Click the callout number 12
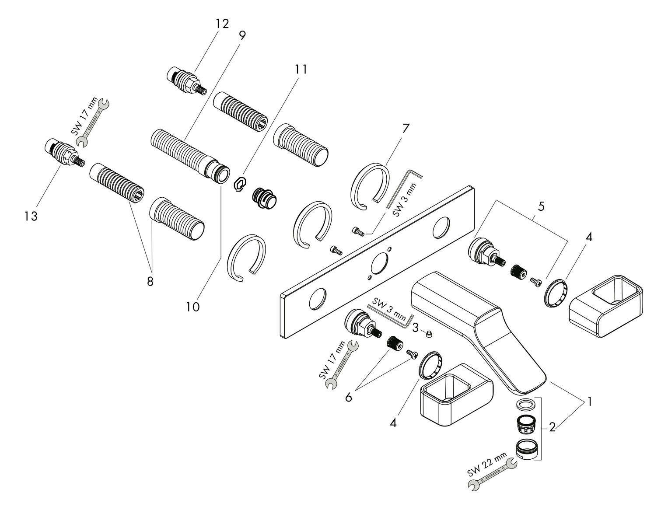click(x=222, y=24)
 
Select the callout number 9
click(x=242, y=35)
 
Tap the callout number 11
click(x=301, y=69)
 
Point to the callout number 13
click(x=31, y=216)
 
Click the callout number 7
click(x=406, y=129)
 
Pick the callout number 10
click(x=192, y=307)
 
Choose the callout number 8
click(x=150, y=281)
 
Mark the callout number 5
click(x=541, y=207)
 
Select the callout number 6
click(x=349, y=397)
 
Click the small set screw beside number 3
click(x=430, y=335)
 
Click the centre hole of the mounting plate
click(x=379, y=265)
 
